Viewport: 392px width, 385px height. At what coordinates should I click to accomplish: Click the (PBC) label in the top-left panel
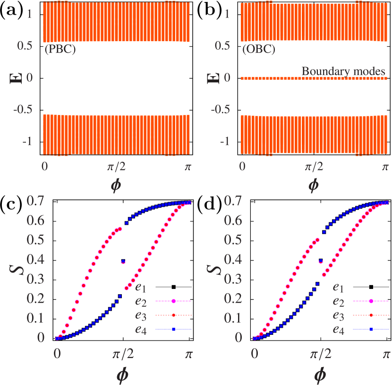(x=60, y=50)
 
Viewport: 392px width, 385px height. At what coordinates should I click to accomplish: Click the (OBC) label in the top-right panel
(x=258, y=50)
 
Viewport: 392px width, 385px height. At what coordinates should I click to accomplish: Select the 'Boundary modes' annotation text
(x=343, y=71)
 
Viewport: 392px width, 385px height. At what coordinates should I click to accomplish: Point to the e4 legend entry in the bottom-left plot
(x=141, y=330)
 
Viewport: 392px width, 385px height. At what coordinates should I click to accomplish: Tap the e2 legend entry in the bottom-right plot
(x=339, y=301)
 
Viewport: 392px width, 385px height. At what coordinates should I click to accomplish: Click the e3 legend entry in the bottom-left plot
(x=141, y=315)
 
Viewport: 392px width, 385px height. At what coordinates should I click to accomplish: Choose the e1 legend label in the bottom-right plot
(x=339, y=287)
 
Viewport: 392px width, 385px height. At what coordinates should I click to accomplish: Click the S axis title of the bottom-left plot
(x=16, y=270)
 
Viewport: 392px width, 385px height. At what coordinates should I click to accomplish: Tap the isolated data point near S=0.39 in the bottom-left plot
(x=123, y=262)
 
